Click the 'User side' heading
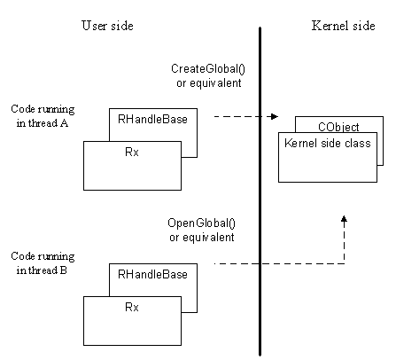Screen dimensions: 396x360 coord(107,26)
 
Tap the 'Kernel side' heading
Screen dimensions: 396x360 coord(343,26)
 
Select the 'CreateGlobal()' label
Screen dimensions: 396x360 coord(208,68)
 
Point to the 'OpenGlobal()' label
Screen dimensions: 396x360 coord(202,223)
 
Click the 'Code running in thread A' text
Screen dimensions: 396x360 coord(43,116)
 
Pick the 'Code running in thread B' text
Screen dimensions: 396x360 coord(43,262)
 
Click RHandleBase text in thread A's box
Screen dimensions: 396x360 coord(152,119)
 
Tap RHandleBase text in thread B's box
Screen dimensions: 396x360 coord(152,274)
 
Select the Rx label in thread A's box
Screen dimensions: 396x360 coord(132,152)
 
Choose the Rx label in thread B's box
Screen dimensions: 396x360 coord(132,307)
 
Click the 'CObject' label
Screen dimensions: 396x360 coord(338,127)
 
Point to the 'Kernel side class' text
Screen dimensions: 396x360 coord(328,143)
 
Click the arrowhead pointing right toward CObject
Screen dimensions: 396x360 coord(275,116)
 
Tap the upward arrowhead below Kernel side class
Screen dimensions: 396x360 coord(344,219)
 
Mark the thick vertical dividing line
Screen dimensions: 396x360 coord(260,192)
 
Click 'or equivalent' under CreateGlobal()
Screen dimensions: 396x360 coord(209,83)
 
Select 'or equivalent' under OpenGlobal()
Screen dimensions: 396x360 coord(202,238)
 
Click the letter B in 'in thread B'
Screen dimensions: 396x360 coord(63,270)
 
